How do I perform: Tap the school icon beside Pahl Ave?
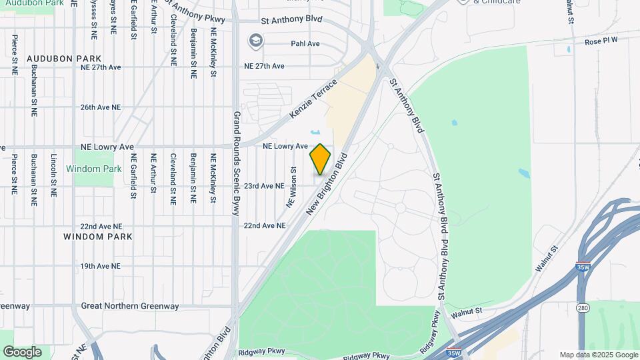click(255, 41)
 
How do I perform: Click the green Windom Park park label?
click(94, 169)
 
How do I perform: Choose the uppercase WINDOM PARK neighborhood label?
click(98, 237)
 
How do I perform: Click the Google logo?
click(22, 351)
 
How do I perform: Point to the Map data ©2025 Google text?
click(598, 355)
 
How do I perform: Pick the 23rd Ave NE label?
click(264, 187)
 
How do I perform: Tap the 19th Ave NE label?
click(100, 266)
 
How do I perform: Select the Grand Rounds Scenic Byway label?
click(236, 163)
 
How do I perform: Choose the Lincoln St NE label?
click(53, 175)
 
